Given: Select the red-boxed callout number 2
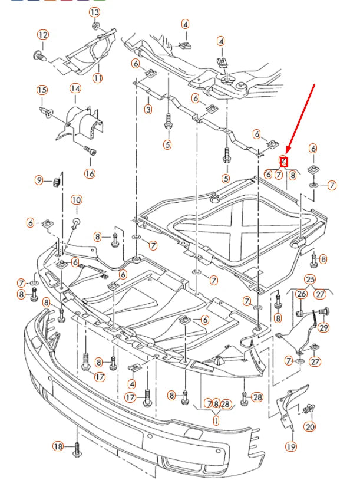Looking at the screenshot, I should pos(283,160).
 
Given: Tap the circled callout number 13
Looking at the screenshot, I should pos(95,12).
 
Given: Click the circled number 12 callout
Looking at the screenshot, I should pos(42,35).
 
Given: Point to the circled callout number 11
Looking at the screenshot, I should pos(98,78).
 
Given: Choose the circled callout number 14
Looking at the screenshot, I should pos(75,88).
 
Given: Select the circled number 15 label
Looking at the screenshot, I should pos(42,90).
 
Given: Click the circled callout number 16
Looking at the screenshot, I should pos(90,173).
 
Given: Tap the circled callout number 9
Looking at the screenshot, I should pos(39,180).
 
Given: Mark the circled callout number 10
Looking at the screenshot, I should pos(77,200).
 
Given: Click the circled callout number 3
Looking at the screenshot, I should pos(148,109).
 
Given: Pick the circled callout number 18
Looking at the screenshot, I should pos(58,446).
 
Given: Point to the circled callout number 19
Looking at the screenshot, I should pos(291,447).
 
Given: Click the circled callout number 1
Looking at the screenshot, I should pos(216,421).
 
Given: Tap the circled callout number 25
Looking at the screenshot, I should pos(311,279).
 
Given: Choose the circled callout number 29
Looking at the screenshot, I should pos(323,327).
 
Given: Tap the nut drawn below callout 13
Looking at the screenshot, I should pos(96,27).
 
